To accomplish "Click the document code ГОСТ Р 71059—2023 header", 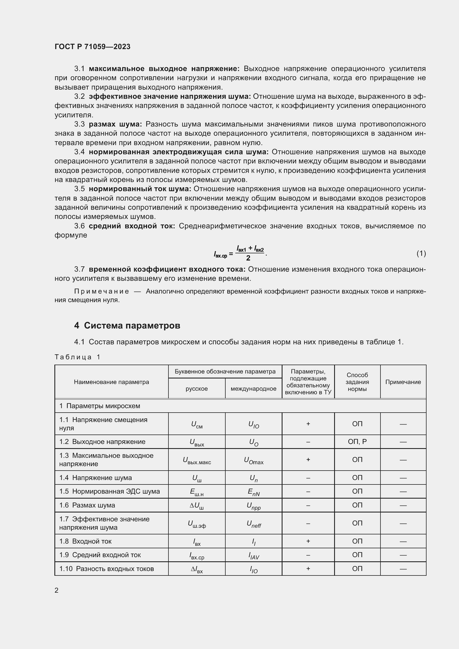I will (92, 47).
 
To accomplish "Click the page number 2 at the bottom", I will (57, 590).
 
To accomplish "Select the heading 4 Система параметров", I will (127, 326).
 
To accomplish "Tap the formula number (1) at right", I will (421, 253).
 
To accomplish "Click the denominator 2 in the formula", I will (248, 258).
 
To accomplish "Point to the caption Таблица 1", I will (77, 357).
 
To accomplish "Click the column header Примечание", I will (403, 382).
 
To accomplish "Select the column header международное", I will (253, 389).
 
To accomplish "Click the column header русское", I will (196, 389).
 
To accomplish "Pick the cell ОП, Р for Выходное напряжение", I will (357, 441).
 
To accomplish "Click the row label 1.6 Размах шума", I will (87, 505).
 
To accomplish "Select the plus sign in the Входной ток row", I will (308, 541).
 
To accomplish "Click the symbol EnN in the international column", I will (254, 492).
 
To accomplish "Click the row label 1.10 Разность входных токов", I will (107, 569).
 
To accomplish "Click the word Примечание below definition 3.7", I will (102, 291).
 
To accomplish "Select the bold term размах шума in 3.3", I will (115, 124).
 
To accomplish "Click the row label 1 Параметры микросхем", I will (100, 406).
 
